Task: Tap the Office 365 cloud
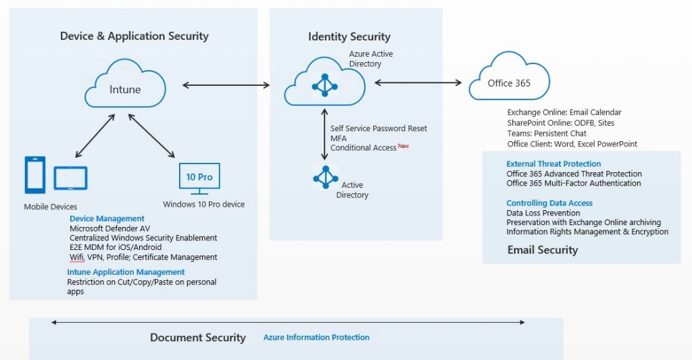[x=509, y=82]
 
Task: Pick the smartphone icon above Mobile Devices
[x=35, y=176]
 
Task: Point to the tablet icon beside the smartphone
[x=70, y=178]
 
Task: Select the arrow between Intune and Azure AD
[x=226, y=85]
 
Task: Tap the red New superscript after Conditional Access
[x=403, y=145]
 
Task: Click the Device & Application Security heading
[x=134, y=36]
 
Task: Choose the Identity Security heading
[x=349, y=37]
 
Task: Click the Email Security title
[x=543, y=250]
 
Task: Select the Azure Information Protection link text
[x=316, y=337]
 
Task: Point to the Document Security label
[x=197, y=338]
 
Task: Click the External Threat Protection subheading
[x=553, y=164]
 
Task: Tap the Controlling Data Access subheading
[x=549, y=203]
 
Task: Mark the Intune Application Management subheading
[x=126, y=272]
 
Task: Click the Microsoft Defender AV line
[x=109, y=228]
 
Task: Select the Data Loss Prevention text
[x=543, y=213]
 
